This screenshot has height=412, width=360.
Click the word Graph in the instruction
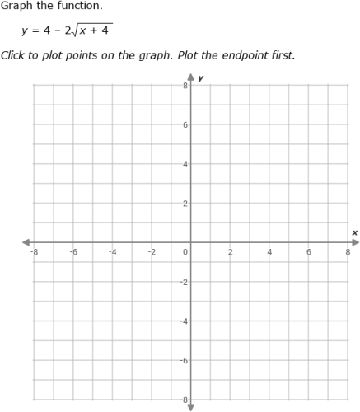[x=15, y=6]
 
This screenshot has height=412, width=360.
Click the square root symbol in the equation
[x=72, y=31]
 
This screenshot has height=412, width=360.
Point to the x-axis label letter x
[x=354, y=232]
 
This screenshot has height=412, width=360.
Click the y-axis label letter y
[x=201, y=78]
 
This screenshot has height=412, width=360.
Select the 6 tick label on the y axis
[x=185, y=125]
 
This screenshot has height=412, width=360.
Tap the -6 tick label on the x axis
[x=72, y=252]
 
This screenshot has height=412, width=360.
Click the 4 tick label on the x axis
[x=269, y=252]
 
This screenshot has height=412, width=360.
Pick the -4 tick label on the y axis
[x=184, y=321]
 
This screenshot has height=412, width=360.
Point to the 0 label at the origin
[x=185, y=252]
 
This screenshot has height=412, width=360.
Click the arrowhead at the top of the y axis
[x=191, y=79]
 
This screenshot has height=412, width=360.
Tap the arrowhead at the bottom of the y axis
[x=191, y=406]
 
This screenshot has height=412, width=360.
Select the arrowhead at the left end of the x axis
[x=26, y=242]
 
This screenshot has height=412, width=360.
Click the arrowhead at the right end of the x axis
[x=354, y=242]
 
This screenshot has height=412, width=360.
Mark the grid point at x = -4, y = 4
[x=112, y=164]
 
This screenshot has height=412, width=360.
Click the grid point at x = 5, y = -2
[x=289, y=282]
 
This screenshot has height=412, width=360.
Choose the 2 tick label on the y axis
[x=185, y=204]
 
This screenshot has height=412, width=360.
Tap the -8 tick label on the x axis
[x=34, y=252]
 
